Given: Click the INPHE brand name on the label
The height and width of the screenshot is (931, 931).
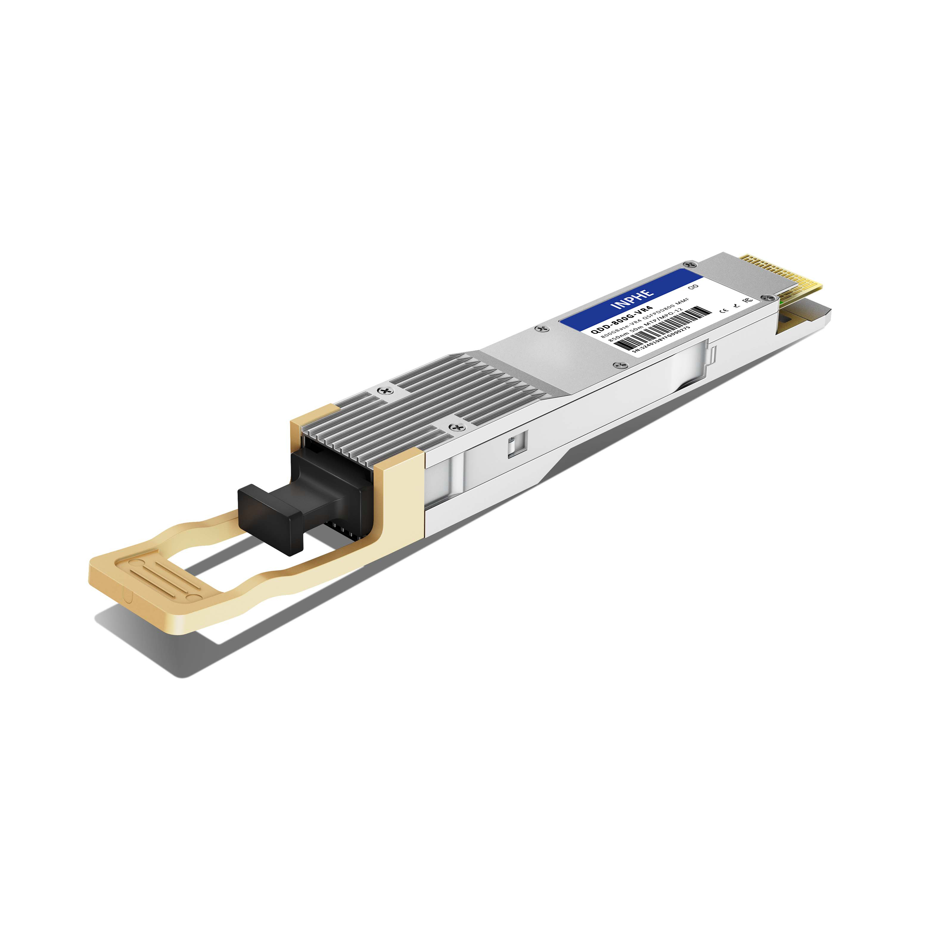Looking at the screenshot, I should [x=632, y=299].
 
